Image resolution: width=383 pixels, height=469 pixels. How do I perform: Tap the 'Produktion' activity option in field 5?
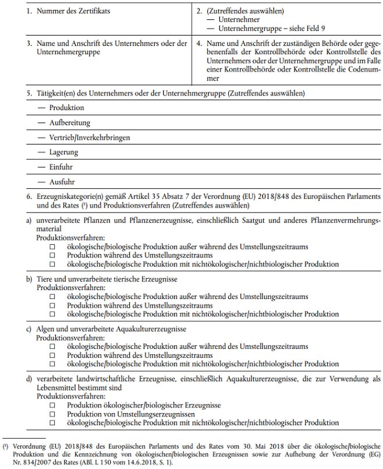tap(67, 108)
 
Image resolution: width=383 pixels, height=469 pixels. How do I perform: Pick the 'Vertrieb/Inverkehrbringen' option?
tap(89, 138)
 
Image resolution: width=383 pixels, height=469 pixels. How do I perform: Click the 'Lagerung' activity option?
tap(63, 153)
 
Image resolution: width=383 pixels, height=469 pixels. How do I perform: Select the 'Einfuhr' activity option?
tap(62, 167)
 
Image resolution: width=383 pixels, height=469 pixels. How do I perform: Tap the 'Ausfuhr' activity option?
tap(62, 182)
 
